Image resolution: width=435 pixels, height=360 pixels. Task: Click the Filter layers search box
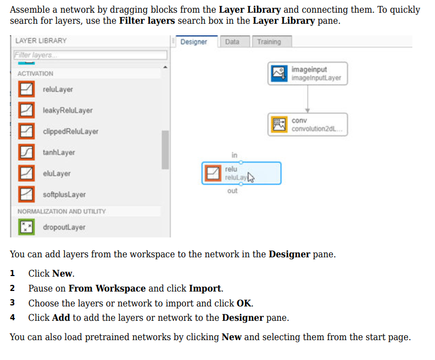(x=91, y=55)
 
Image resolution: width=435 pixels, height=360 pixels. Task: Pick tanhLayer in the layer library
(x=59, y=152)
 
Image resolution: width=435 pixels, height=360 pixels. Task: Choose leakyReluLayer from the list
(x=68, y=110)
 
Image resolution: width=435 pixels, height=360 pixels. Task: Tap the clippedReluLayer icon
(x=26, y=131)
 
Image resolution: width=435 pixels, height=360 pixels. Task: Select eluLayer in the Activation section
(x=57, y=173)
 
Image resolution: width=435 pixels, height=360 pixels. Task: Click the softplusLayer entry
(x=64, y=194)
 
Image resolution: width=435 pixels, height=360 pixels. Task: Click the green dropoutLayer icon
(x=26, y=227)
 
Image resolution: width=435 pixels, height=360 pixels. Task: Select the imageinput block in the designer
(x=307, y=73)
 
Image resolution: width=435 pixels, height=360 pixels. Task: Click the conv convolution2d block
(x=307, y=125)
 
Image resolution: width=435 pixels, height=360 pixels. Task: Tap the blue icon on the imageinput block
(x=279, y=73)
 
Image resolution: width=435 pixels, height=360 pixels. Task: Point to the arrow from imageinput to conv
(x=307, y=99)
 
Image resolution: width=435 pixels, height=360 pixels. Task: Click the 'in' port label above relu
(x=235, y=155)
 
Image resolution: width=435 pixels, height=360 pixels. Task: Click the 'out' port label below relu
(x=232, y=191)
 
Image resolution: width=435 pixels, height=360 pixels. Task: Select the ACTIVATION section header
(x=35, y=73)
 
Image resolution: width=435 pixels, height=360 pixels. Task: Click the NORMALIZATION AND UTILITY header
(x=62, y=211)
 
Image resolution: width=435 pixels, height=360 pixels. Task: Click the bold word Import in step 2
(x=205, y=288)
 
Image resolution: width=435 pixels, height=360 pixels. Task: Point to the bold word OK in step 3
(x=243, y=303)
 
